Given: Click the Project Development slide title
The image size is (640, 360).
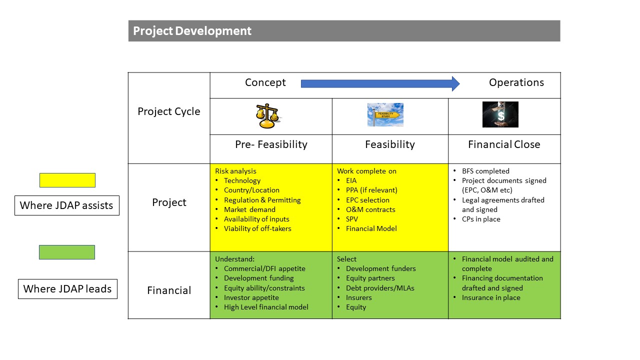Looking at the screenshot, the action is (192, 31).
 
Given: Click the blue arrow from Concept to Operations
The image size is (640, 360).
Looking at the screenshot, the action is (380, 83).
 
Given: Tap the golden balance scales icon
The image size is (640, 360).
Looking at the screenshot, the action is (267, 115).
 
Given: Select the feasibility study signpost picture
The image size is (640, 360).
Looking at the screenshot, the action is (385, 114).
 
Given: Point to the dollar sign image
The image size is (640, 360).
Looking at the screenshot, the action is (500, 114).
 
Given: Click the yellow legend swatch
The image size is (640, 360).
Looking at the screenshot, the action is (67, 180).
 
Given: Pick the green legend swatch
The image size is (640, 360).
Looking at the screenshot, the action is (67, 252).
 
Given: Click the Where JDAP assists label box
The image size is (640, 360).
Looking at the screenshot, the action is (67, 205).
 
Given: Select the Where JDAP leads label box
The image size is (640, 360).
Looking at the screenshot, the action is (67, 289).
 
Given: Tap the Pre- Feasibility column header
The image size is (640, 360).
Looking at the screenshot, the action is (271, 144).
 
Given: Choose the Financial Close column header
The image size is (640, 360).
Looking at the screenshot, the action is (504, 144).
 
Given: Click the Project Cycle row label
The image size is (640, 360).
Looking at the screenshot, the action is (169, 111).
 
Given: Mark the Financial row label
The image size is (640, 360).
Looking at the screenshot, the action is (169, 290).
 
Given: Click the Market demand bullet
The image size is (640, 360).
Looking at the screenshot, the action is (249, 209).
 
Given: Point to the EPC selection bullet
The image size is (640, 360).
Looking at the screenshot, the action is (367, 200).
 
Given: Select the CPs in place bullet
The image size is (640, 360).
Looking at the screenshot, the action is (481, 219).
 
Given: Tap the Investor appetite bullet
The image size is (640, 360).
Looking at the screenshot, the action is (251, 297).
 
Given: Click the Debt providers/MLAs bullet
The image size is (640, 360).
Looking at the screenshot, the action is (380, 288).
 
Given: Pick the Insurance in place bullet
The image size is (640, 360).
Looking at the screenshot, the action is (491, 297).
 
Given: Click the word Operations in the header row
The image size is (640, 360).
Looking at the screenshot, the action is (516, 82).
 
